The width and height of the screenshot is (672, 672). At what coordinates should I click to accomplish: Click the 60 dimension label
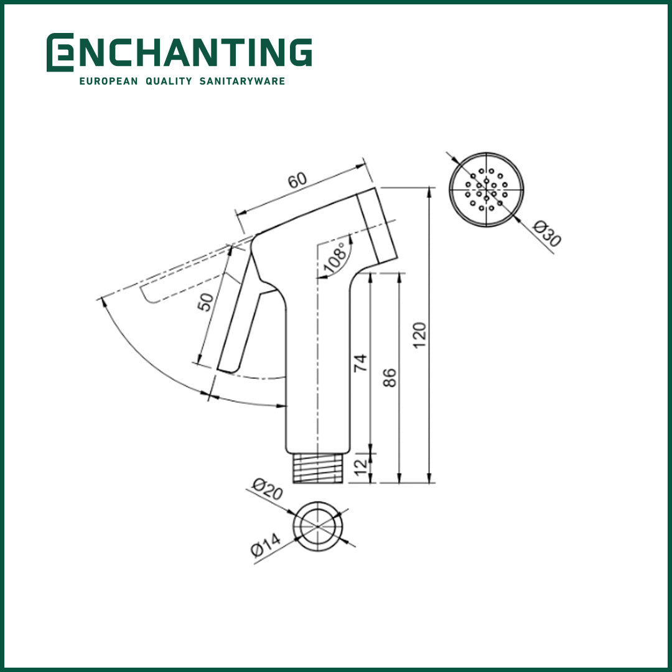[297, 180]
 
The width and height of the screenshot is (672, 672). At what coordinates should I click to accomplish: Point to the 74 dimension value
[360, 363]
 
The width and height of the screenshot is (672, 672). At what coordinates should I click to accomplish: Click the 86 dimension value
[390, 377]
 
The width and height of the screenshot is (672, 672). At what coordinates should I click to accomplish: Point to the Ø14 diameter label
[266, 544]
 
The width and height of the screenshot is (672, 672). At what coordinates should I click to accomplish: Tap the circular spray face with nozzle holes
[487, 189]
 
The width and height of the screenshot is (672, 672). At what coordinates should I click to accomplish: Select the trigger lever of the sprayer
[240, 317]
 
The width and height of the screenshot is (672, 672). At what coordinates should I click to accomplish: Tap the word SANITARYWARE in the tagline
[242, 81]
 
